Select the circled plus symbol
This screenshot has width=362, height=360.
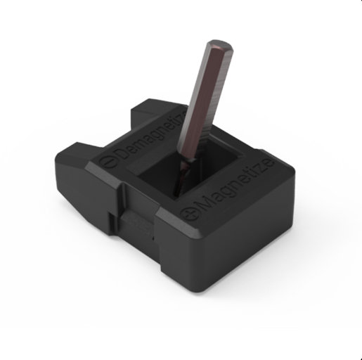click(x=189, y=214)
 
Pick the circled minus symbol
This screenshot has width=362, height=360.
click(x=108, y=162)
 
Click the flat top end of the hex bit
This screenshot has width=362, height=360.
click(x=220, y=44)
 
